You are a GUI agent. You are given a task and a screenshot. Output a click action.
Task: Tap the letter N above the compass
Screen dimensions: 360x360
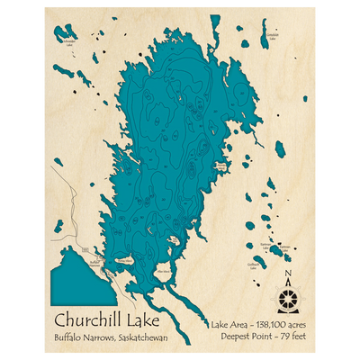pyautogui.click(x=287, y=275)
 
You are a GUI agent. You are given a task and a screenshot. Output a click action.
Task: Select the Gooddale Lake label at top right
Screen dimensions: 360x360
pyautogui.click(x=272, y=38)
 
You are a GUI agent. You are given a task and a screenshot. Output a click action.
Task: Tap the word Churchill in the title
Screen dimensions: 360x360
pyautogui.click(x=84, y=319)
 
